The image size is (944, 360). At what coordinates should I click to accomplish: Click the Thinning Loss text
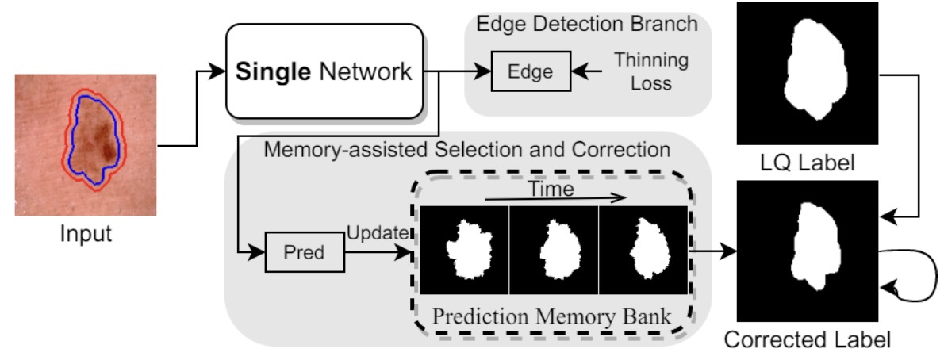(650, 71)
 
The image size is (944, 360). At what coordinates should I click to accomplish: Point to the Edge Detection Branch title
(586, 24)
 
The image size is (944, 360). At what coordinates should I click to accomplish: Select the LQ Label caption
(805, 164)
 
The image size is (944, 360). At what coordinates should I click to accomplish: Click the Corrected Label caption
(807, 341)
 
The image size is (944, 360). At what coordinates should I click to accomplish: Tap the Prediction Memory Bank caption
(551, 317)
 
